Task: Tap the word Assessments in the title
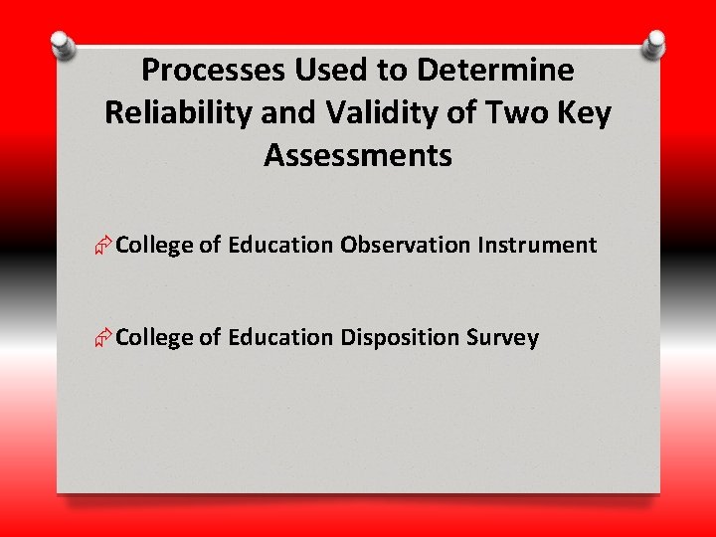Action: tap(358, 156)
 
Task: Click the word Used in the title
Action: tap(325, 71)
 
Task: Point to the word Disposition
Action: tap(400, 337)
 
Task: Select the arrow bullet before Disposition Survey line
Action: tap(103, 339)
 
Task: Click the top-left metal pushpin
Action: tap(62, 45)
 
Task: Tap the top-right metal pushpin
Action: tap(654, 42)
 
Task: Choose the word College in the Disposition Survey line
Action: tap(153, 337)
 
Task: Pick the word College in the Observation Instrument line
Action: tap(153, 245)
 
